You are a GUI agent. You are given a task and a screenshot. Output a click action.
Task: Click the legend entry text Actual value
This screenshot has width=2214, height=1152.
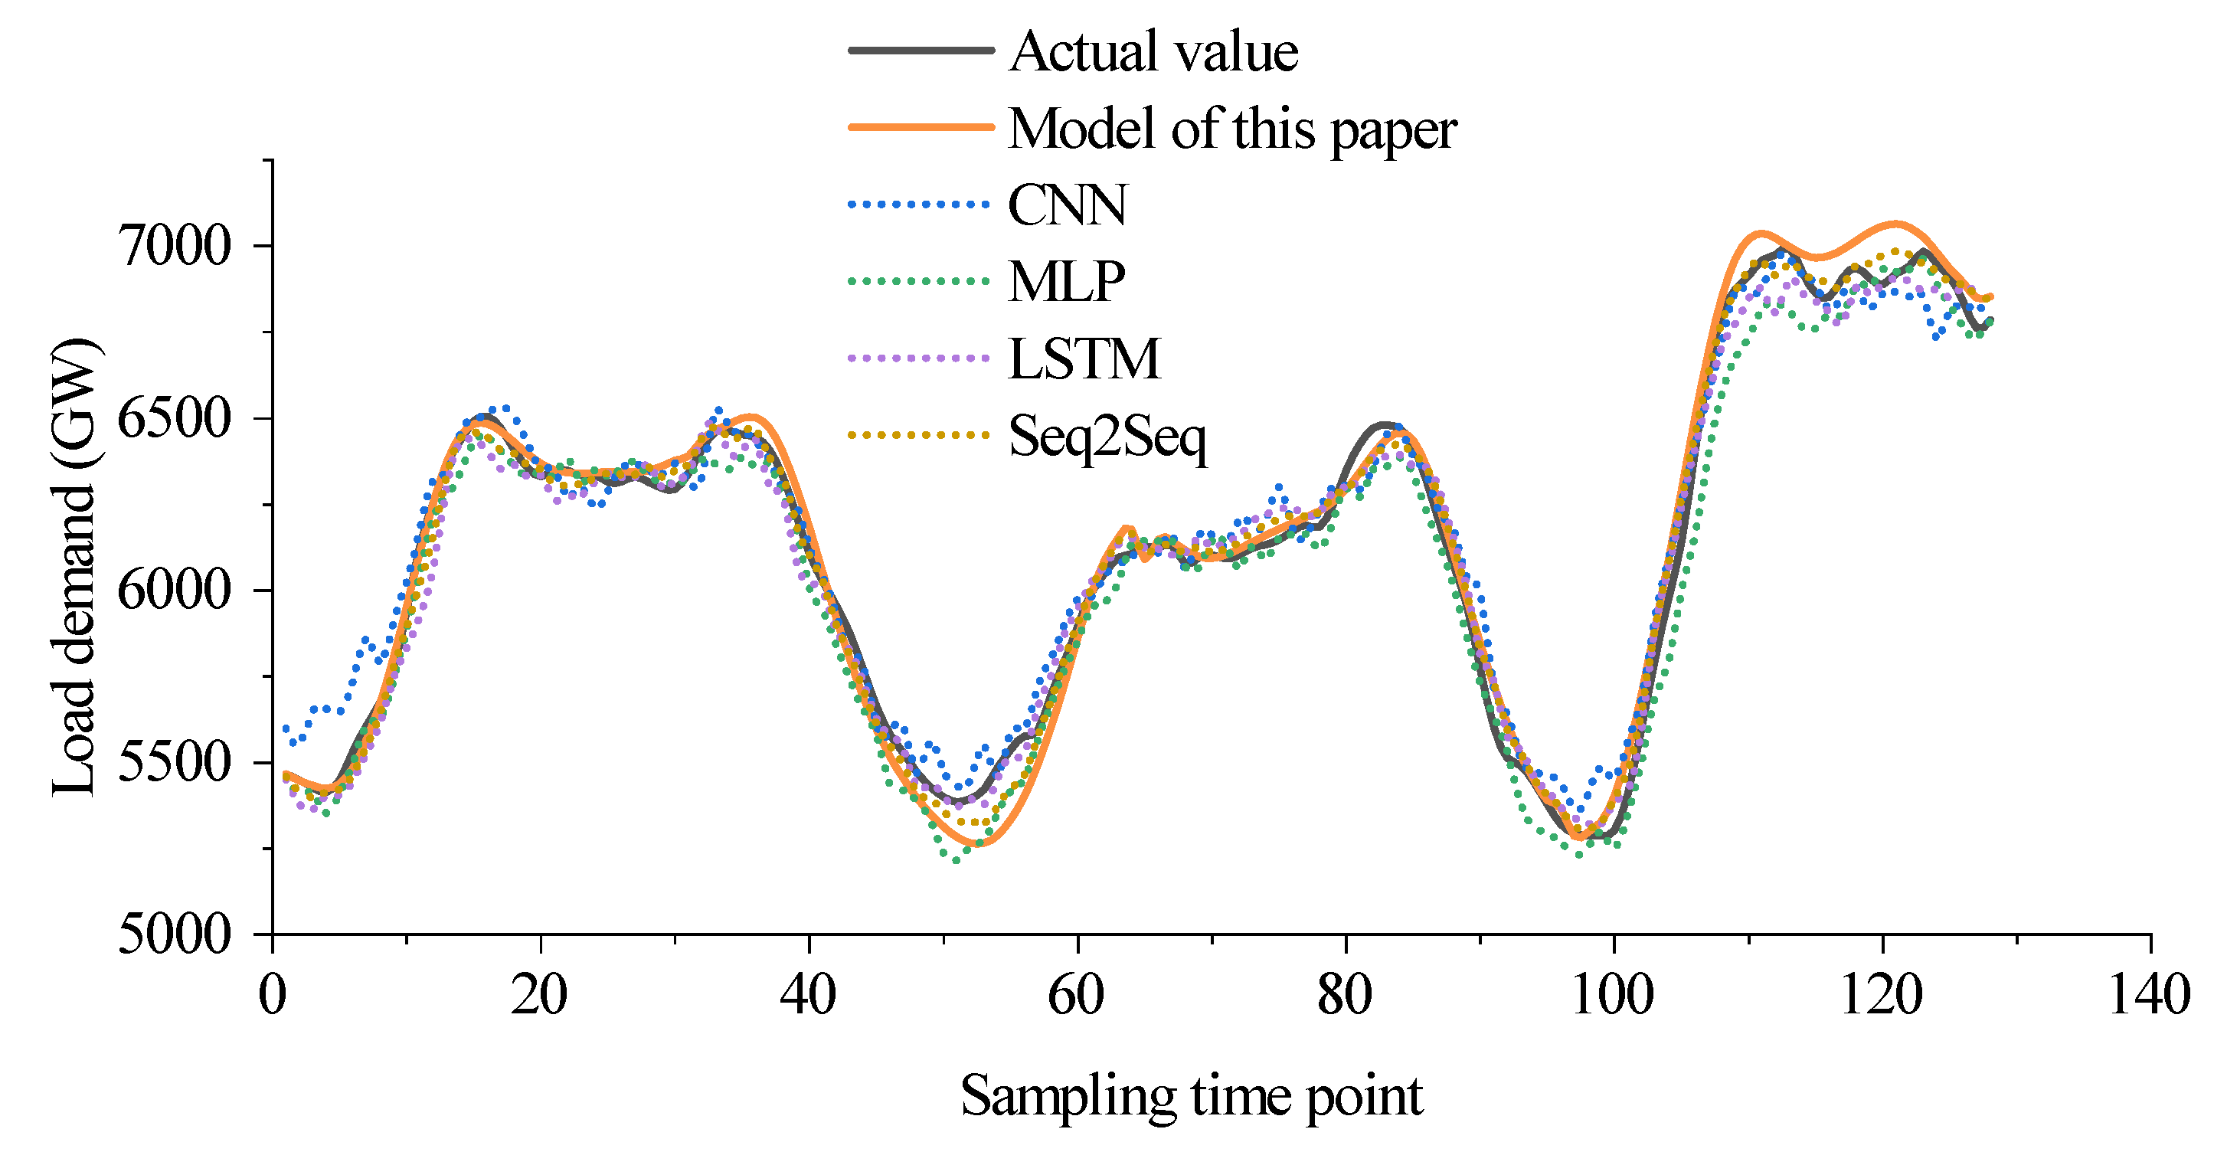[x=1153, y=51]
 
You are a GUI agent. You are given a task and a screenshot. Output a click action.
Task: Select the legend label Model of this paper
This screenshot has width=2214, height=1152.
[x=1231, y=129]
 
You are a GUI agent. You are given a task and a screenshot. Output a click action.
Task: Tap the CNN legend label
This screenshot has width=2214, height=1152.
[x=1067, y=205]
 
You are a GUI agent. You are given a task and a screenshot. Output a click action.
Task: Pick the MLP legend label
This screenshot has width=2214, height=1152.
[x=1066, y=281]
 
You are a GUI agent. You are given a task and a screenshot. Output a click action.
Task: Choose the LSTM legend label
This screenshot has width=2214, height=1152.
[x=1084, y=358]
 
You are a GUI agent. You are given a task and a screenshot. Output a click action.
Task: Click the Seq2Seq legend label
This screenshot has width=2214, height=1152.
[x=1107, y=436]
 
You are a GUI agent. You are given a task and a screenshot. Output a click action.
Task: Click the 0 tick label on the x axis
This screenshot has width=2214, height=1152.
[x=273, y=996]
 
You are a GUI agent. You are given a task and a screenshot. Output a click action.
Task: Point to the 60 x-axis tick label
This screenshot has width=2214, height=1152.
[x=1076, y=996]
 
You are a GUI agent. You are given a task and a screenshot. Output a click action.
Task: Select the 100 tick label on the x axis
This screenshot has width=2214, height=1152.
[x=1612, y=996]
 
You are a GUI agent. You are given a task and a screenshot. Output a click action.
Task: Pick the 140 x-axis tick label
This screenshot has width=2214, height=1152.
[x=2150, y=996]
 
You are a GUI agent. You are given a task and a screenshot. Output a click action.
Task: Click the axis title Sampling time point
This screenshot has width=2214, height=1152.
[x=1191, y=1097]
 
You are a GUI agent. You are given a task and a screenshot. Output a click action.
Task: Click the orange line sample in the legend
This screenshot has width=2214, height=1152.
[x=921, y=127]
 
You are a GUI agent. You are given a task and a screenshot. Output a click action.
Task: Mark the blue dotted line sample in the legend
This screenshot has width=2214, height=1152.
[x=921, y=205]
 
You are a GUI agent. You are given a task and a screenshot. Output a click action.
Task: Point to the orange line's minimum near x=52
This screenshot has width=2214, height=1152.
[x=978, y=843]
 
